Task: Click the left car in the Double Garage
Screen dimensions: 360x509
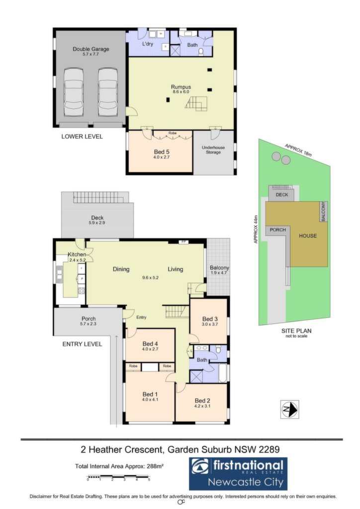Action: (x=74, y=92)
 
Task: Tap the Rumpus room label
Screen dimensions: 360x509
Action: (x=181, y=87)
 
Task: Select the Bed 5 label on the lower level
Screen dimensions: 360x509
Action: (x=162, y=152)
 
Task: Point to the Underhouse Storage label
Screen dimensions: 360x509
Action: (x=213, y=150)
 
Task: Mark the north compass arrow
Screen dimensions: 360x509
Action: (x=289, y=410)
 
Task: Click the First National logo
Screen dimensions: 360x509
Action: (x=238, y=474)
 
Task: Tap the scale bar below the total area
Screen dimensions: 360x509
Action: (x=118, y=478)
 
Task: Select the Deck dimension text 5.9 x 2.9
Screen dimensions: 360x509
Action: (x=97, y=223)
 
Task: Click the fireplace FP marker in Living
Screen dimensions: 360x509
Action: (x=183, y=242)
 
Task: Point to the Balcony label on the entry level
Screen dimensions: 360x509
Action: (x=219, y=268)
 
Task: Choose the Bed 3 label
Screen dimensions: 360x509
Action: (x=210, y=319)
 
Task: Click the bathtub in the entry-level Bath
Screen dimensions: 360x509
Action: (x=223, y=373)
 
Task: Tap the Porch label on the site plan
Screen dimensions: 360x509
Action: (x=278, y=230)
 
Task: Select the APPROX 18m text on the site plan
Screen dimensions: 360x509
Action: (x=298, y=150)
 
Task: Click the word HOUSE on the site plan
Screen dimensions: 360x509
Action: (x=308, y=236)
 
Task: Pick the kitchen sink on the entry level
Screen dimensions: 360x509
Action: (x=59, y=272)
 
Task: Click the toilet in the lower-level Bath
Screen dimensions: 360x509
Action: (x=201, y=52)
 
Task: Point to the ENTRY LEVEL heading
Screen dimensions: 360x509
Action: (x=82, y=344)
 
